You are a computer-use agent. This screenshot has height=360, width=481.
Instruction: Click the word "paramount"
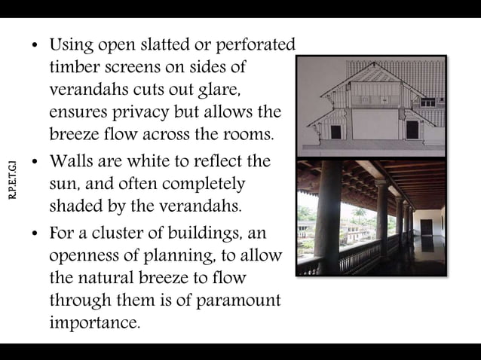coord(238,301)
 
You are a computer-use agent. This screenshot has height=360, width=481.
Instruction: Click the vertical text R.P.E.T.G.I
coord(12,180)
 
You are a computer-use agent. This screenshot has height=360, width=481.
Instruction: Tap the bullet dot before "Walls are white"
coord(35,163)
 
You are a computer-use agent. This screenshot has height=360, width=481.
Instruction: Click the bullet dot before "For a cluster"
coord(35,235)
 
